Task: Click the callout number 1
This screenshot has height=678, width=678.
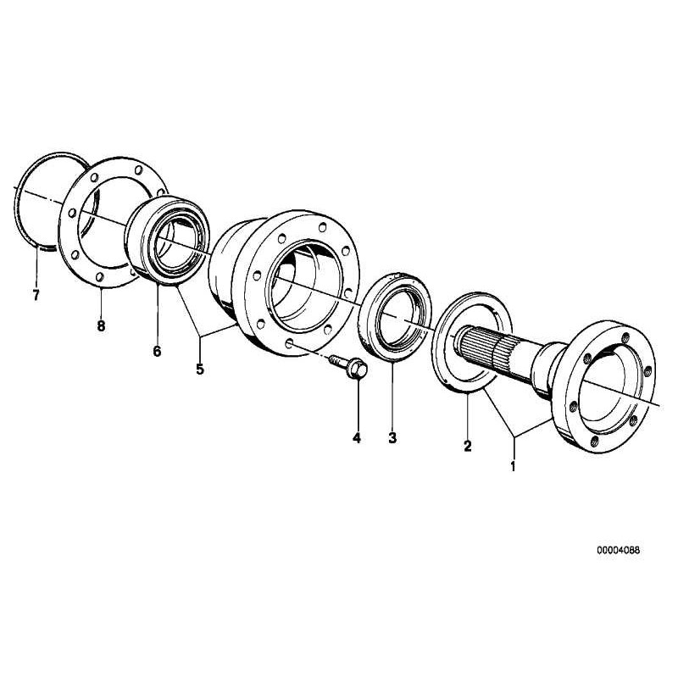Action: (512, 465)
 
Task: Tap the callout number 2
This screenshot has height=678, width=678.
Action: (467, 446)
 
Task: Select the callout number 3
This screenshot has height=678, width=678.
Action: (392, 438)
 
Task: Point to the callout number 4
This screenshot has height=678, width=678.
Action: (357, 438)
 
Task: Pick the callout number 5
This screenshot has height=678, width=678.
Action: (201, 369)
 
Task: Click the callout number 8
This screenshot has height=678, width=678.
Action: (101, 326)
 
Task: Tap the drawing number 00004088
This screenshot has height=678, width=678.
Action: (619, 549)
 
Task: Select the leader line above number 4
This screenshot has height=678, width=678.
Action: (357, 407)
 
